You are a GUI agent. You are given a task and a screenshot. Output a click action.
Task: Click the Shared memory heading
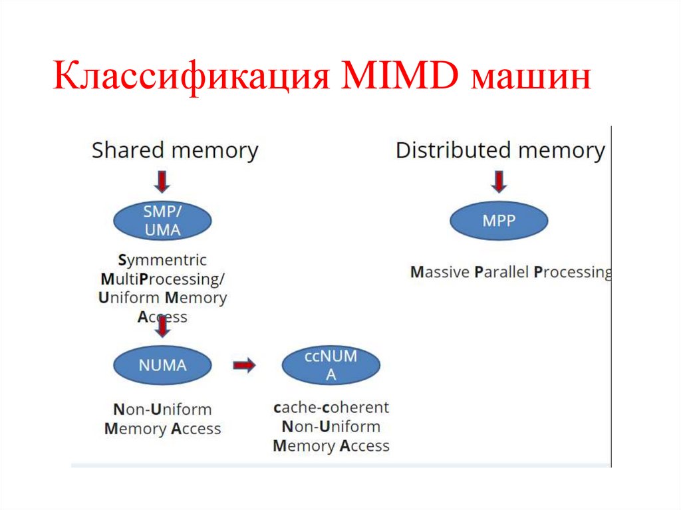tap(174, 150)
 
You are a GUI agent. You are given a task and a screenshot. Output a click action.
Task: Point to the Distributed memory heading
tap(500, 150)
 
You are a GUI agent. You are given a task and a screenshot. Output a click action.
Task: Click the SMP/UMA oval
tap(162, 221)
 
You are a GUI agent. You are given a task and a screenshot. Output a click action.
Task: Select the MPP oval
tap(499, 221)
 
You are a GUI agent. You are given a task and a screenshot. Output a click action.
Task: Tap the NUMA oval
tap(162, 365)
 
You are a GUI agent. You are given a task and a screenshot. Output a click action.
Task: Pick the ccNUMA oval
tap(331, 365)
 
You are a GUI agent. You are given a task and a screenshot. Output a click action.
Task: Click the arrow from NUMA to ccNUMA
tap(244, 365)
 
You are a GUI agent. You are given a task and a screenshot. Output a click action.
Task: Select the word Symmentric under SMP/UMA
tap(162, 260)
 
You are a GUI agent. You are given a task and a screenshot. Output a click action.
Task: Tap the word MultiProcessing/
tap(163, 279)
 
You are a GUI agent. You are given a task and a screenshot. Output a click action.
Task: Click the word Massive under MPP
tap(440, 272)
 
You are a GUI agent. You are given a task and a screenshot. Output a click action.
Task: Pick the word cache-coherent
tap(331, 407)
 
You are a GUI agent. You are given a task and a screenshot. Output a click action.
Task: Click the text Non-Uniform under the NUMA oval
tap(162, 410)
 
